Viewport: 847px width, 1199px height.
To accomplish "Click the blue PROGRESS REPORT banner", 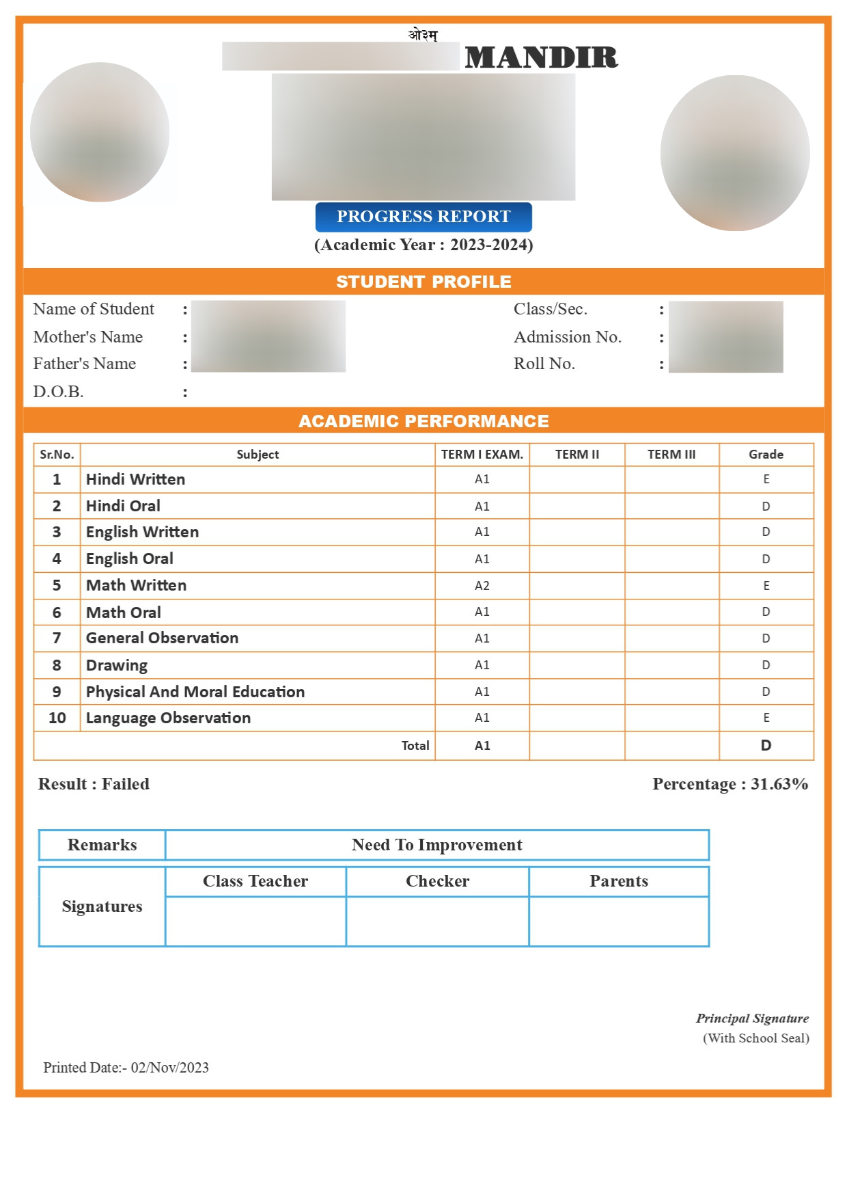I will [x=423, y=217].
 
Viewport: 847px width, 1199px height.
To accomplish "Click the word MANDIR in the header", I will [x=541, y=57].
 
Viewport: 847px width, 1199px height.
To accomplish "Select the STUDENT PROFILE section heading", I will [x=423, y=282].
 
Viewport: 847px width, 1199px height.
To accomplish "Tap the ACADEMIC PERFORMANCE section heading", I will [x=423, y=421].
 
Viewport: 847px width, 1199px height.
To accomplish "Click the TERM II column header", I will [x=577, y=455].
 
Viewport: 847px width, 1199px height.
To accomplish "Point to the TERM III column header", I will [x=671, y=455].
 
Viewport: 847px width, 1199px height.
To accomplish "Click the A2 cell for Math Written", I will [x=482, y=586].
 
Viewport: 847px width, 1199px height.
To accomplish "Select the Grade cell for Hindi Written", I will [x=766, y=479].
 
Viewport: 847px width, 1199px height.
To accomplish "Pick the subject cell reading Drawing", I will [x=117, y=665].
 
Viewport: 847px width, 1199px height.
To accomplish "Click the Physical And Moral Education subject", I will [x=195, y=692].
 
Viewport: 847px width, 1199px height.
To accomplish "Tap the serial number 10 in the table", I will [x=57, y=718].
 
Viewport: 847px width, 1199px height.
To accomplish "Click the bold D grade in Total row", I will [x=766, y=746].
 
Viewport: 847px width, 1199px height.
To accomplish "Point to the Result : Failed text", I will [x=94, y=784].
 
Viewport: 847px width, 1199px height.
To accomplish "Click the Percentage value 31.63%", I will [x=779, y=784].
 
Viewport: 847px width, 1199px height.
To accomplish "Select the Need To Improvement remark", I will [x=436, y=845].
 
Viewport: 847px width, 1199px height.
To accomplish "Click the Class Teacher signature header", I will [x=255, y=881].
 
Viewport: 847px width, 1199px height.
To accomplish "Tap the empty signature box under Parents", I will [x=619, y=921].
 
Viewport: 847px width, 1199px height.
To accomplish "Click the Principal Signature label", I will [x=752, y=1019].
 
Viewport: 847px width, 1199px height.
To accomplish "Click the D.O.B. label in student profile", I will [x=59, y=392].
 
